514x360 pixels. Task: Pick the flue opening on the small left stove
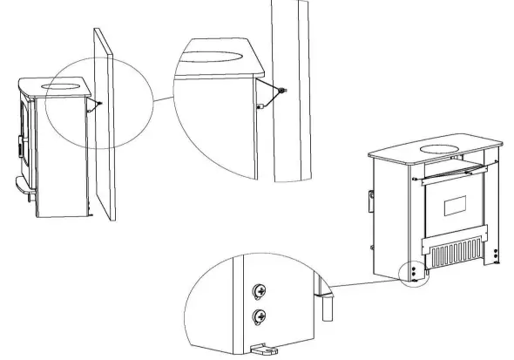[66, 85]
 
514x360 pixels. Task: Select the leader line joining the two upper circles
[163, 99]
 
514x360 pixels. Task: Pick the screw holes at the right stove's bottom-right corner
[496, 255]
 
